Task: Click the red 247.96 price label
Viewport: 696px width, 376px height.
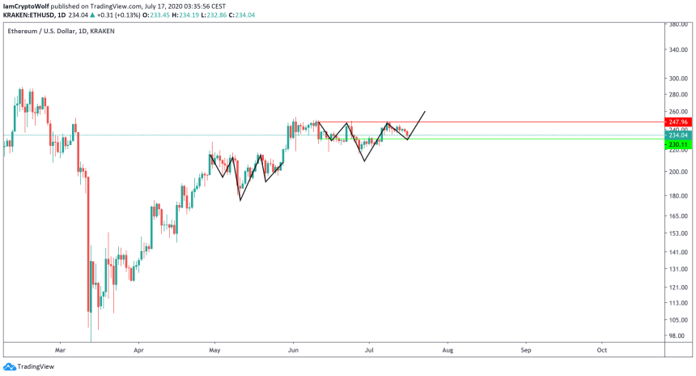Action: pyautogui.click(x=677, y=122)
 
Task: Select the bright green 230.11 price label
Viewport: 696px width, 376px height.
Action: pyautogui.click(x=677, y=144)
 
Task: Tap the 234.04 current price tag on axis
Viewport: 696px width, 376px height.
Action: pyautogui.click(x=677, y=136)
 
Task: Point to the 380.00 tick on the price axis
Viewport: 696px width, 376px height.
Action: pyautogui.click(x=678, y=25)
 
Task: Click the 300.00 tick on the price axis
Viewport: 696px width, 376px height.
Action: pyautogui.click(x=678, y=79)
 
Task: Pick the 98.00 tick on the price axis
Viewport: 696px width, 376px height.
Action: pyautogui.click(x=677, y=335)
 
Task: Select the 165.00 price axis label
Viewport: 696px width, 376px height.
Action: pyautogui.click(x=678, y=216)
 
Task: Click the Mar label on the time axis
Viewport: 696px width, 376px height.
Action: pyautogui.click(x=59, y=350)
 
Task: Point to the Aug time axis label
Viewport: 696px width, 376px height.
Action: pyautogui.click(x=447, y=350)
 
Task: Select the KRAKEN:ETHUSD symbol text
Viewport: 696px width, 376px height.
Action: pyautogui.click(x=30, y=15)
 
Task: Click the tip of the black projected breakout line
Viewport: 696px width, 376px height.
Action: pyautogui.click(x=425, y=110)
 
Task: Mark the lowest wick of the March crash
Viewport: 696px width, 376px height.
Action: pyautogui.click(x=91, y=340)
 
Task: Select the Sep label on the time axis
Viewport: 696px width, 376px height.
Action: pyautogui.click(x=525, y=350)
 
